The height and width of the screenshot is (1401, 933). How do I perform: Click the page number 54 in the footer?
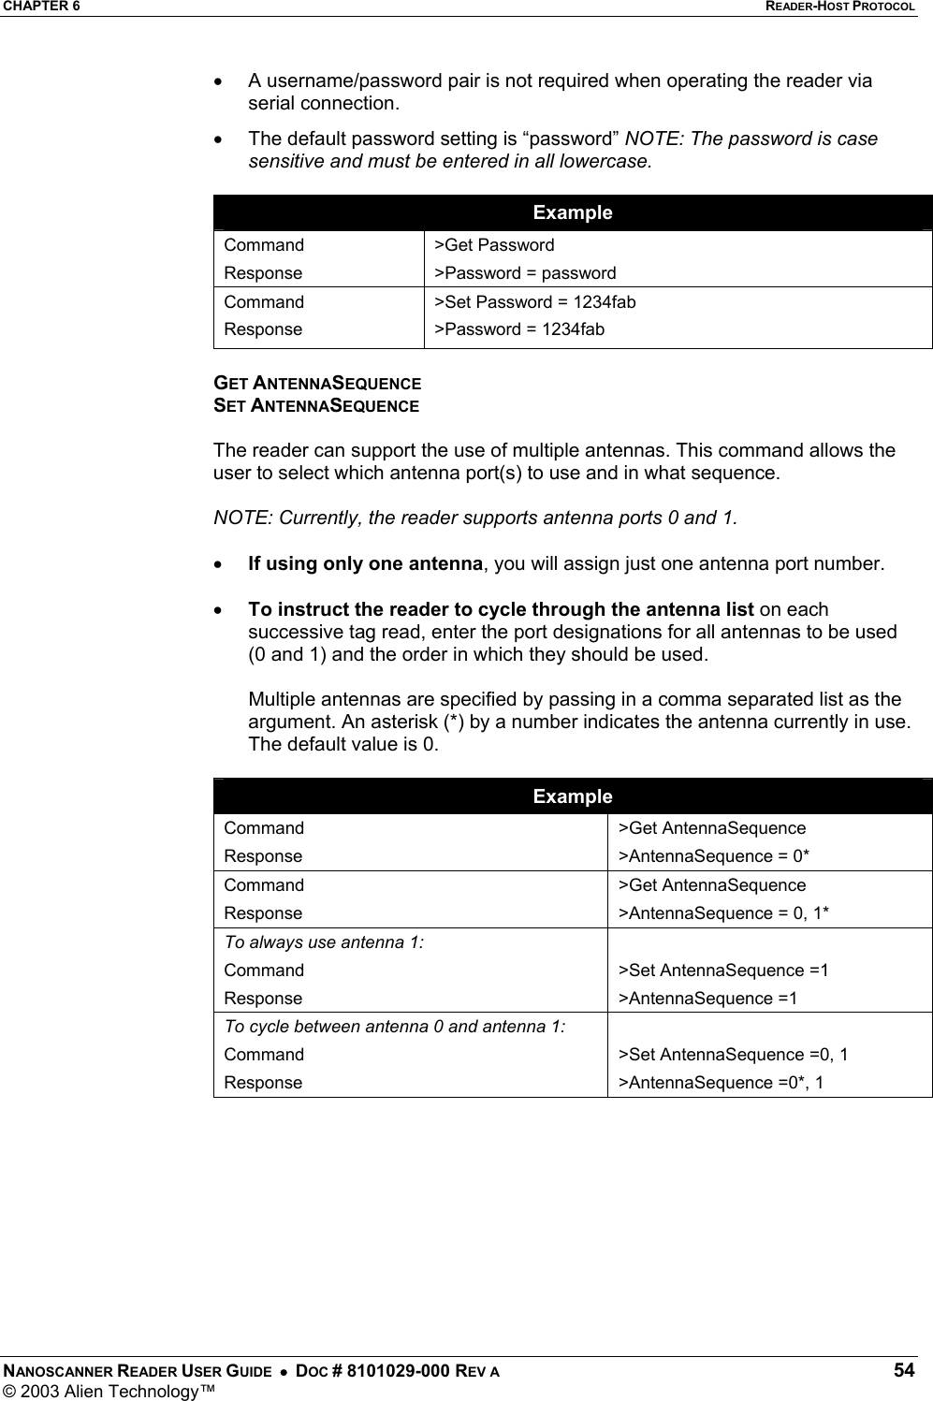(904, 1370)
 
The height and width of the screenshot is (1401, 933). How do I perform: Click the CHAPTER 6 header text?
(40, 7)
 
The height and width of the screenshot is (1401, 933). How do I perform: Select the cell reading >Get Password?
(499, 245)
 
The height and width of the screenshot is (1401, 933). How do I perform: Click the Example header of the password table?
(572, 212)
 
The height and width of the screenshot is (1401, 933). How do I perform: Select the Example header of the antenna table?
(572, 796)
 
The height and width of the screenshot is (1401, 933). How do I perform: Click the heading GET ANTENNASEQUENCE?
(316, 384)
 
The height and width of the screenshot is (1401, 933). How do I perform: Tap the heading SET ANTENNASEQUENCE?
(315, 406)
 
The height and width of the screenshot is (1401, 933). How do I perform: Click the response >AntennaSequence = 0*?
(719, 856)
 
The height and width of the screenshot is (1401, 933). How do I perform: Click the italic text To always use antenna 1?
(324, 942)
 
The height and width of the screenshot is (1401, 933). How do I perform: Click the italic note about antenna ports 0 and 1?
(475, 518)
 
